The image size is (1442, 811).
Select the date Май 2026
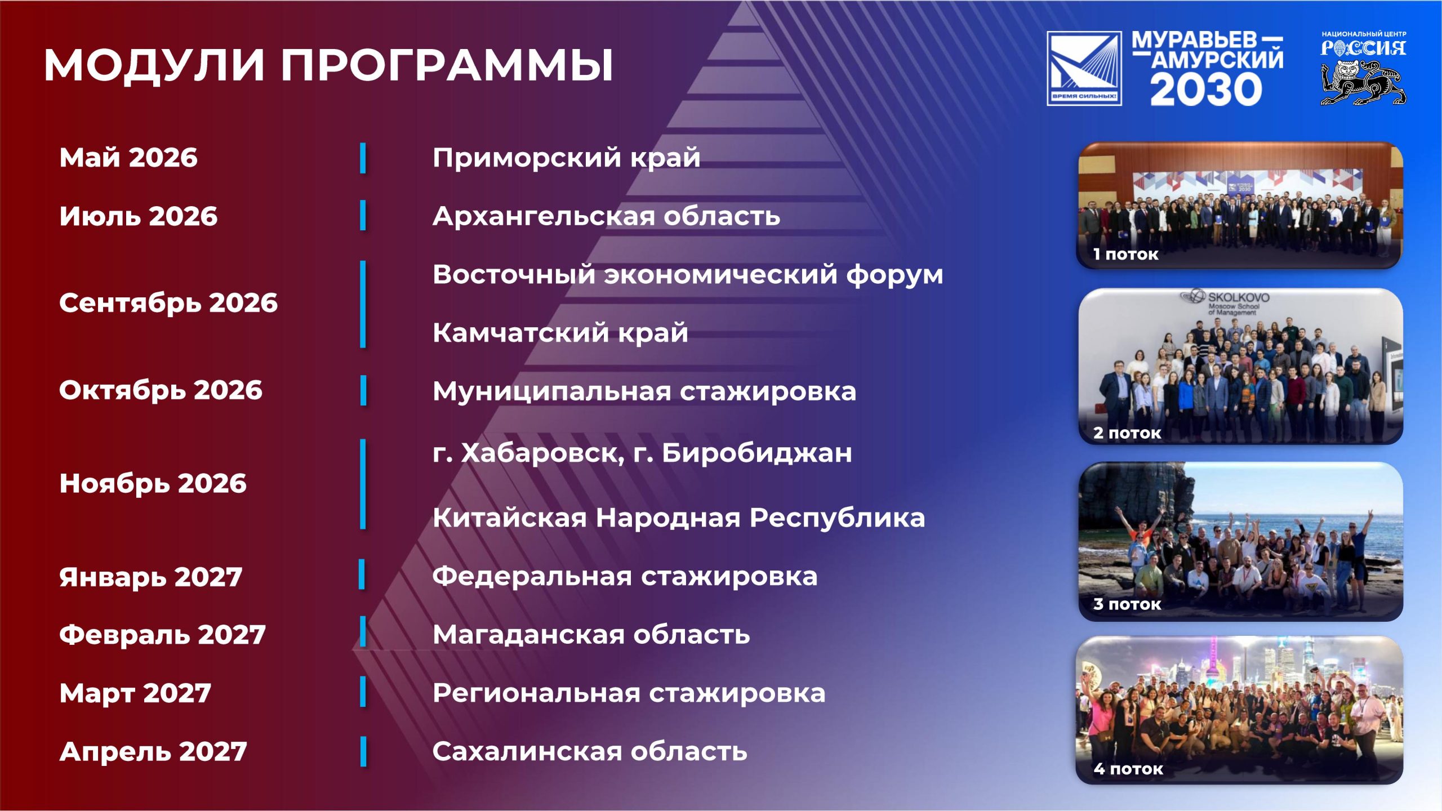(x=128, y=158)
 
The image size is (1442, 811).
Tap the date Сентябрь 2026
(x=168, y=304)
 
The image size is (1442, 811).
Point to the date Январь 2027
(x=150, y=577)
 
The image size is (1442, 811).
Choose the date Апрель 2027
(x=153, y=752)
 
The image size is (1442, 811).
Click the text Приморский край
(x=567, y=158)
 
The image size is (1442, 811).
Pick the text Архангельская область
(x=607, y=216)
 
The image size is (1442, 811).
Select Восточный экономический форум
(x=688, y=275)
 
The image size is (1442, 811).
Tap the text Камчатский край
(x=560, y=333)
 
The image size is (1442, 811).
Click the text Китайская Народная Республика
(x=679, y=518)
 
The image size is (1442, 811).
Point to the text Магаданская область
(x=591, y=635)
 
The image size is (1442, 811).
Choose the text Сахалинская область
(x=590, y=751)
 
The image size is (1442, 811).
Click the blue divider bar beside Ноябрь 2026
(x=363, y=484)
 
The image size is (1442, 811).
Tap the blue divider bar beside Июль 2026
(x=363, y=215)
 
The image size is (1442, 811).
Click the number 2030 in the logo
(x=1206, y=90)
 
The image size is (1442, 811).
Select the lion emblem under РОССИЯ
(x=1363, y=83)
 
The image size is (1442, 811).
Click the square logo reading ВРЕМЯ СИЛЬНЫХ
(x=1084, y=68)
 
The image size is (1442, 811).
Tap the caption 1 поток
(x=1125, y=254)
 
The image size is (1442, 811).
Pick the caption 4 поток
(x=1128, y=769)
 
